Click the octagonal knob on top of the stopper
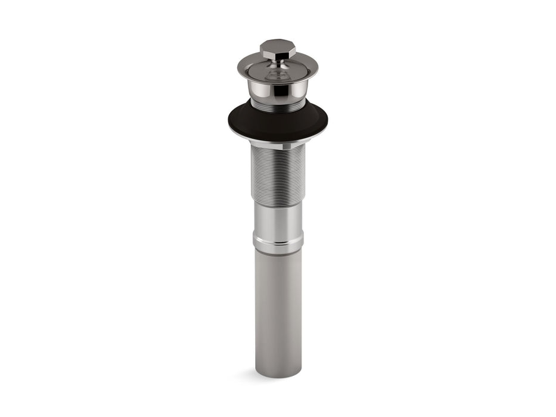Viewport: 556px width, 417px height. [x=278, y=50]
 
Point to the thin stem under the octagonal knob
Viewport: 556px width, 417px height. [x=278, y=63]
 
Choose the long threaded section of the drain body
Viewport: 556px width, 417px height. [x=278, y=173]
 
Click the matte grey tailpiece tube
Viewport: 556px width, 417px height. [x=278, y=310]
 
